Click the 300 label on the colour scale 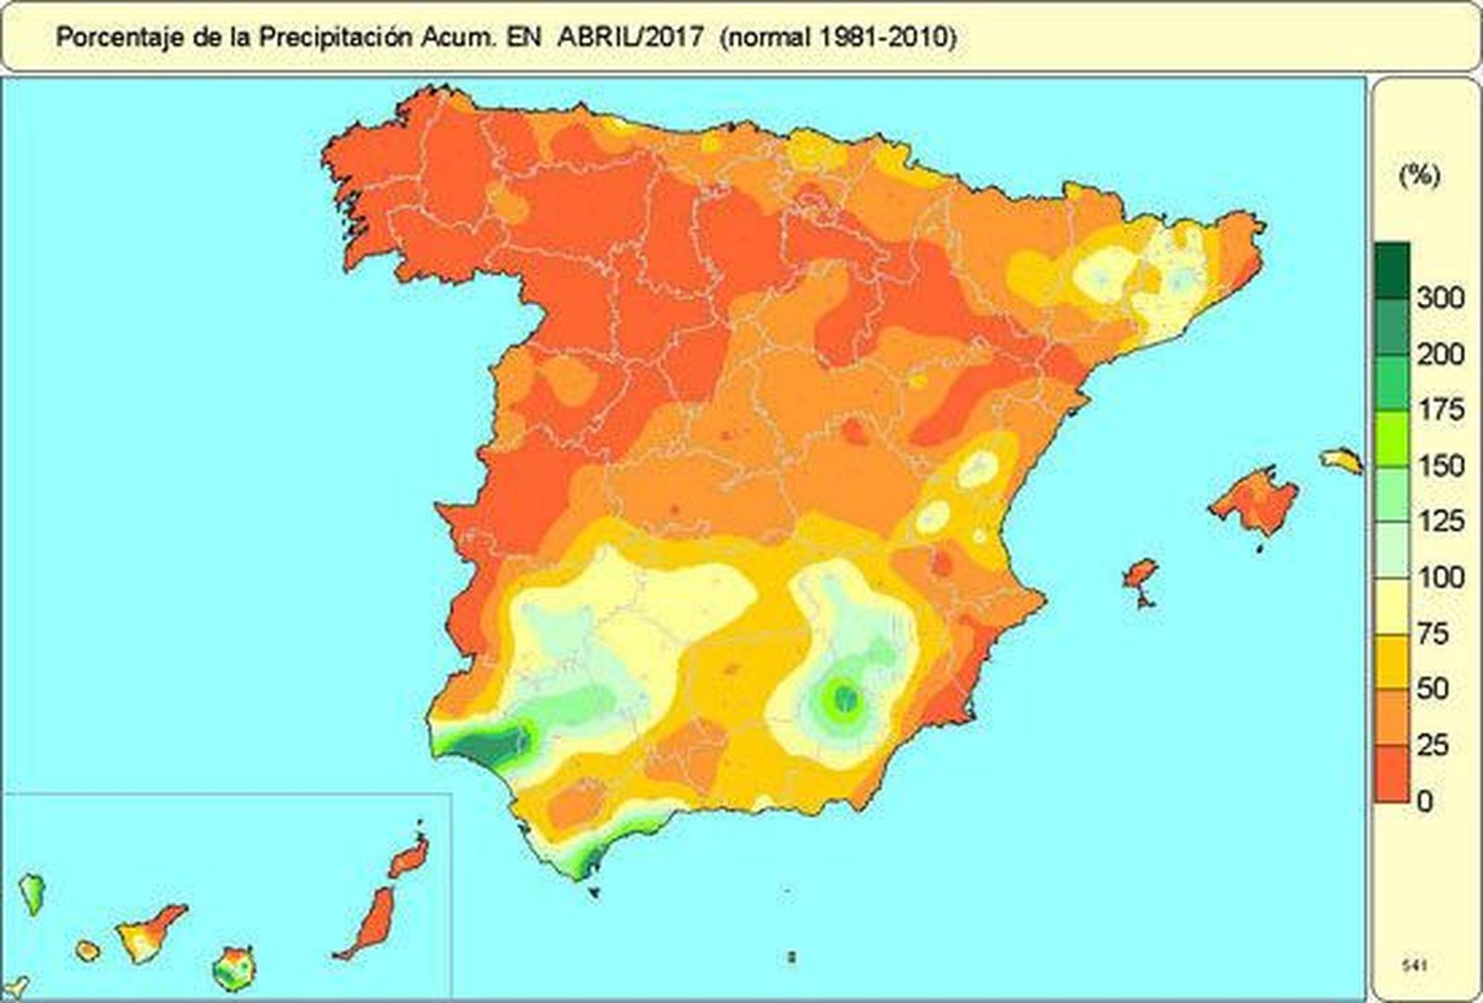click(x=1439, y=298)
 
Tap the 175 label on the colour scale click(x=1439, y=410)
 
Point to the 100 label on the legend click(x=1439, y=578)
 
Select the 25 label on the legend click(x=1432, y=744)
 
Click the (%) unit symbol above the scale click(x=1418, y=175)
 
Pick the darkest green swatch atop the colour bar click(x=1391, y=270)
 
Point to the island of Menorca click(x=1341, y=459)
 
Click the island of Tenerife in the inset click(x=148, y=933)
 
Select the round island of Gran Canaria click(x=234, y=968)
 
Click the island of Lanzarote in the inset click(x=411, y=856)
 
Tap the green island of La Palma click(x=32, y=892)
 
